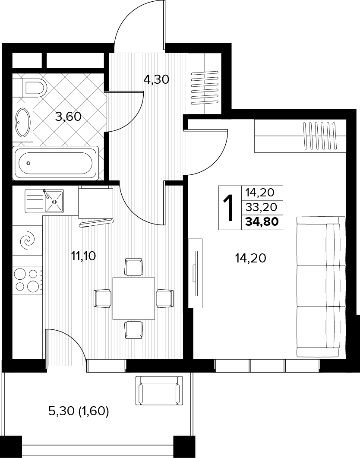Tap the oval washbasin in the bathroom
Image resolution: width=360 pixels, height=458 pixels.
pos(23,123)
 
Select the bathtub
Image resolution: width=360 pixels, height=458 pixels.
pos(56,163)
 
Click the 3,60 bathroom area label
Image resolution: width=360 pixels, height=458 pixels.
pos(68,117)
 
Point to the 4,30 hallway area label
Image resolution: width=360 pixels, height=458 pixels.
pos(156,79)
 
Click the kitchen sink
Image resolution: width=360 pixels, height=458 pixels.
pos(44,201)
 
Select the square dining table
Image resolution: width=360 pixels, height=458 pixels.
pos(134,299)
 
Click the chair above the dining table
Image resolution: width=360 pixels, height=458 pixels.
pos(134,267)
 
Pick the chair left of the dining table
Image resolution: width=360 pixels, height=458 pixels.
pos(102,298)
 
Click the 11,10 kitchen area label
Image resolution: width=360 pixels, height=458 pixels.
pos(83,256)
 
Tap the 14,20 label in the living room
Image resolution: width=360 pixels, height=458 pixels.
pos(250,258)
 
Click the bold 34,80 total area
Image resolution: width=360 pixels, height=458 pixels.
pos(262,222)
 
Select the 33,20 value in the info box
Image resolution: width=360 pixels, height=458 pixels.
pos(261,207)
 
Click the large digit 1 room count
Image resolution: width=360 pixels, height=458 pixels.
pos(230,208)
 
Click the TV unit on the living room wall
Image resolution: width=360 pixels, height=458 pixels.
pos(195,273)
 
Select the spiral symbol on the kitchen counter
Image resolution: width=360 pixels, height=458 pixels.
pos(27,240)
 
